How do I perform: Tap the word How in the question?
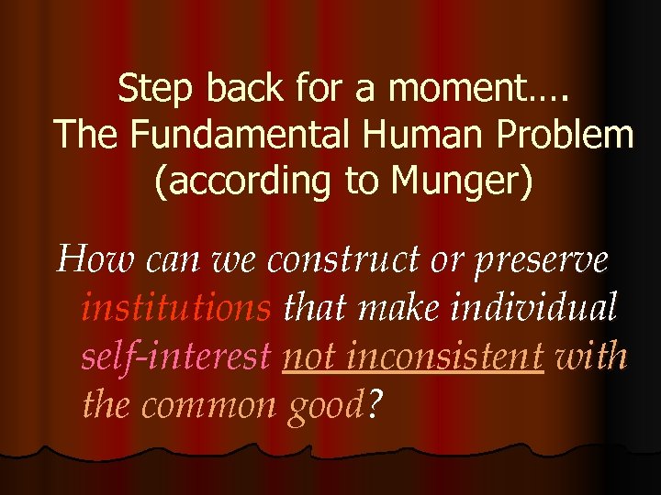[x=90, y=260]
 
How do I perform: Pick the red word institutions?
[x=176, y=307]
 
